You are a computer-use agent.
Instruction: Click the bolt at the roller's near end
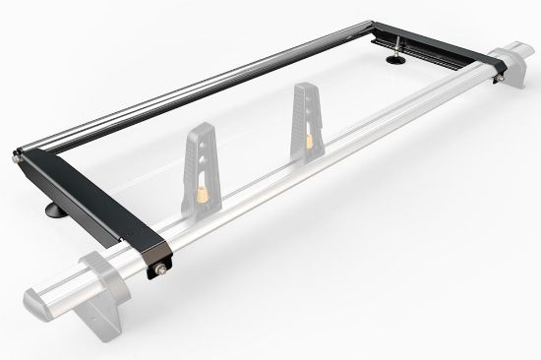pyautogui.click(x=18, y=154)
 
